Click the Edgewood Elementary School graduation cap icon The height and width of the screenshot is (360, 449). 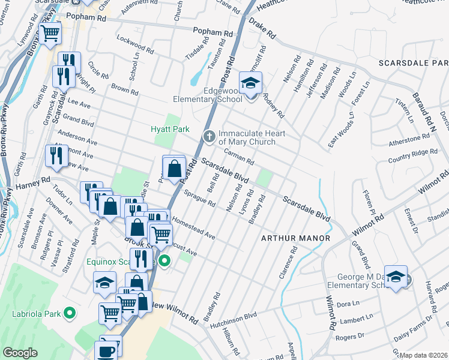coord(250,83)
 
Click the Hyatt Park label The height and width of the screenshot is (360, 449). coord(170,128)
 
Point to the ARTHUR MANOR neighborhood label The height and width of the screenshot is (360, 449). coord(295,238)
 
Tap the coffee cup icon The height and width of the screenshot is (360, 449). coord(107,351)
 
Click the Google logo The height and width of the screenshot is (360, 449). coord(20,353)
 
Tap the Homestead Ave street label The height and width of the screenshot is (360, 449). coord(193,228)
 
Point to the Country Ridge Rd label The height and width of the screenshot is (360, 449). coord(412,154)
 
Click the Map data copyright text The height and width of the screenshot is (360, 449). coord(424,355)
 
